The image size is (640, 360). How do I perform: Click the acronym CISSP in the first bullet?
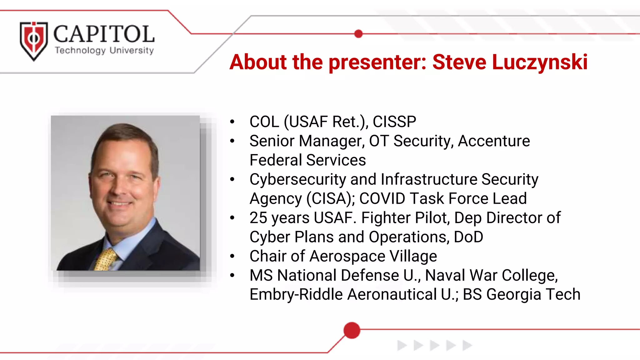tap(394, 122)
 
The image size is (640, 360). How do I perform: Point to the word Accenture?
tap(494, 141)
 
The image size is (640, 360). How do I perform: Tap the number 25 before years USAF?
tap(258, 218)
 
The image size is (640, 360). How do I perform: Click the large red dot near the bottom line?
tap(352, 330)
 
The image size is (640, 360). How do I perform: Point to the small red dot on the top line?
tap(359, 34)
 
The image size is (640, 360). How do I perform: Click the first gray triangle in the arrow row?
tap(402, 345)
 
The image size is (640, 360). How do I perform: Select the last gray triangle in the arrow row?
tap(467, 345)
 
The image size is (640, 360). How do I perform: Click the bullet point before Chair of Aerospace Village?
tap(232, 256)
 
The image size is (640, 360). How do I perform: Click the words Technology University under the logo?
tap(104, 50)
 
